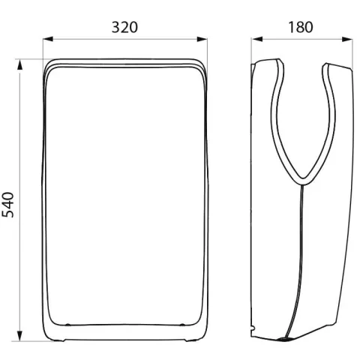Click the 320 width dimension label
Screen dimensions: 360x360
[x=124, y=27]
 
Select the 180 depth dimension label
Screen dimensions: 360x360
[x=301, y=27]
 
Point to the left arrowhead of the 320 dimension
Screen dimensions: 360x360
[x=48, y=39]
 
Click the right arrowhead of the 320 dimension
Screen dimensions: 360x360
[x=202, y=39]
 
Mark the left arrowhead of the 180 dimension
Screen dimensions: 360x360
[x=257, y=39]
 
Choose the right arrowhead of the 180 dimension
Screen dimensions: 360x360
[x=347, y=39]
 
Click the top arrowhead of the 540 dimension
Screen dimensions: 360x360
[x=19, y=64]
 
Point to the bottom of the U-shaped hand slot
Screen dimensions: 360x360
[x=303, y=181]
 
